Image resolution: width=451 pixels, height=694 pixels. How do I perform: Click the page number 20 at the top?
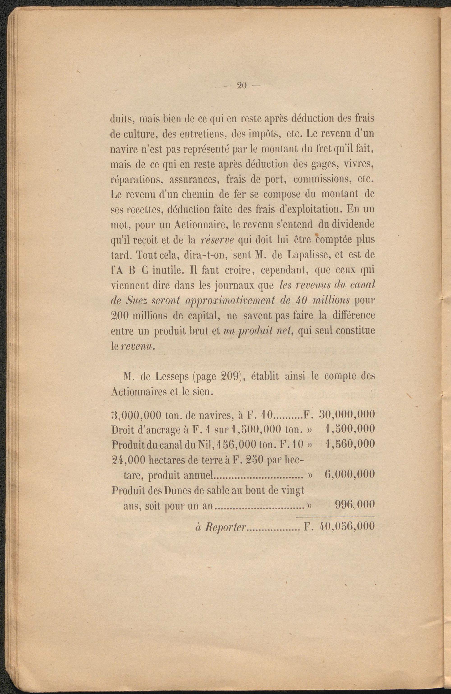pos(242,86)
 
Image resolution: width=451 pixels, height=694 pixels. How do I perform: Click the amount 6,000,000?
pos(349,474)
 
